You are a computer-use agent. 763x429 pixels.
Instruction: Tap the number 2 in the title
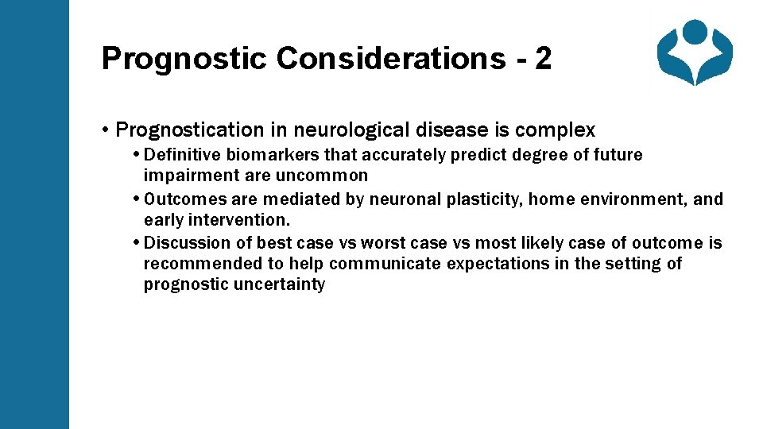click(543, 59)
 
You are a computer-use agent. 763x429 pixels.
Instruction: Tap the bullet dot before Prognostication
click(106, 129)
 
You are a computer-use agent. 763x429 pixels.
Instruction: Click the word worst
click(384, 242)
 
